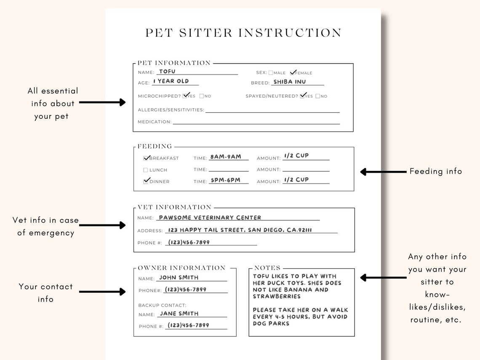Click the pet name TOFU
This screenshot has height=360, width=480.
coord(167,72)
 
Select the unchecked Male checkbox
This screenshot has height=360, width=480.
coord(271,73)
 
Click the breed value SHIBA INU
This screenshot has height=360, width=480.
coord(290,82)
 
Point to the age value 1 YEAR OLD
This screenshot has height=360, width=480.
coord(171,81)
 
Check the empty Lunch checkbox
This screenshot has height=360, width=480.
coord(146,170)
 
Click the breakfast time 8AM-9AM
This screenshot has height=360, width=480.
coord(226,157)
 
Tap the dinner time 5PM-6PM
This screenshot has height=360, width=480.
coord(225,180)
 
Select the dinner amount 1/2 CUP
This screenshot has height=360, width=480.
coord(296,179)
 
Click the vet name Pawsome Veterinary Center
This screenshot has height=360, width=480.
coord(210,218)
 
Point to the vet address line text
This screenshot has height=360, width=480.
coord(240,230)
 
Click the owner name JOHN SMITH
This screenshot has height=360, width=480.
coord(179,277)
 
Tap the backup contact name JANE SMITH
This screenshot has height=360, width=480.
coord(179,314)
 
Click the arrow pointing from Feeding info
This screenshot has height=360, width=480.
coord(383,172)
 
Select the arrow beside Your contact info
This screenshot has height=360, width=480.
coord(102,291)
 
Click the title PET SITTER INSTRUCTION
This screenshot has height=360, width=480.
coord(243,33)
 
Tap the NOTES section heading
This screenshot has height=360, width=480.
coord(267,268)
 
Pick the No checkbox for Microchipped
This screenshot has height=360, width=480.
coord(202,96)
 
